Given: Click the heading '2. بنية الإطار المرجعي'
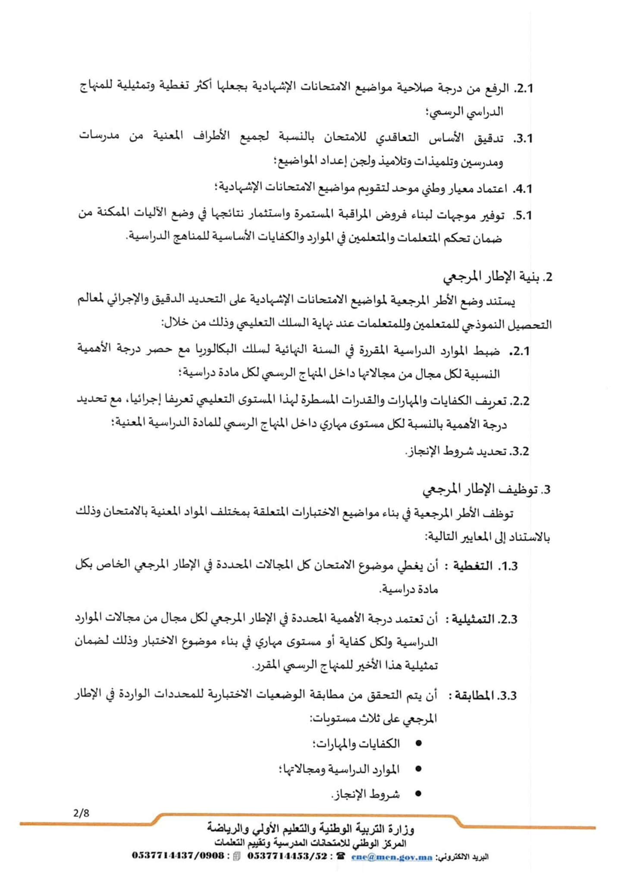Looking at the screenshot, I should tap(498, 277).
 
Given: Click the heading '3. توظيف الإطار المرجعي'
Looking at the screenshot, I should tap(487, 490).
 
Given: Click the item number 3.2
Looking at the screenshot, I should tap(520, 451).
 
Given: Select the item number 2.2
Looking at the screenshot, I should tap(520, 401).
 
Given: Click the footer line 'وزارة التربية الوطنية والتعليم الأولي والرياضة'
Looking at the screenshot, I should tap(310, 828).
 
